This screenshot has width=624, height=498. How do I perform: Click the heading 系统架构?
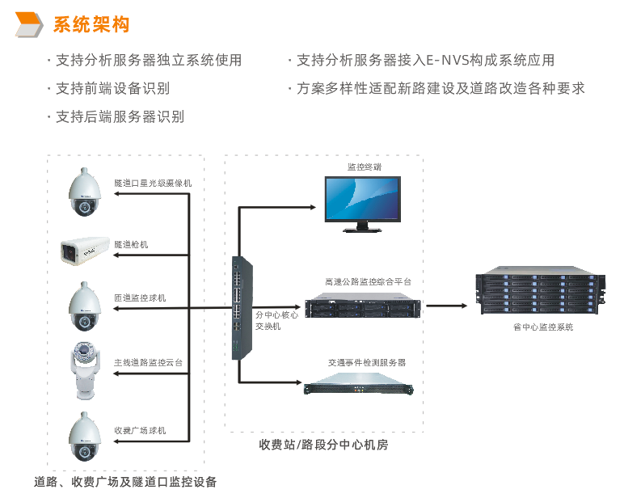pyautogui.click(x=91, y=25)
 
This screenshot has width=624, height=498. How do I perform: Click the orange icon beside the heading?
pyautogui.click(x=31, y=25)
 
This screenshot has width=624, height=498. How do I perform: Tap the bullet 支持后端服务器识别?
pyautogui.click(x=119, y=116)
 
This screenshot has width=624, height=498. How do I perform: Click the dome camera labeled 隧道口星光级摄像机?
pyautogui.click(x=84, y=193)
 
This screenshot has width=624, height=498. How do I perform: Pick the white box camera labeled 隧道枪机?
pyautogui.click(x=83, y=251)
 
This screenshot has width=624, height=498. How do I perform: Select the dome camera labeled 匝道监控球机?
pyautogui.click(x=84, y=307)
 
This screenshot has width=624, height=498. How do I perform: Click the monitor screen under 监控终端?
pyautogui.click(x=361, y=198)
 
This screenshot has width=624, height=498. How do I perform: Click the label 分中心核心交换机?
pyautogui.click(x=276, y=320)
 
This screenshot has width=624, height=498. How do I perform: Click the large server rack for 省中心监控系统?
pyautogui.click(x=538, y=292)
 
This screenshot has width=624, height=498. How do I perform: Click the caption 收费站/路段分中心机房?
pyautogui.click(x=323, y=445)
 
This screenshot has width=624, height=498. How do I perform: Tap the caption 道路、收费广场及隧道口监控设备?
pyautogui.click(x=125, y=482)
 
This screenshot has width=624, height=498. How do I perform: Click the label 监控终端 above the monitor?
pyautogui.click(x=364, y=167)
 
